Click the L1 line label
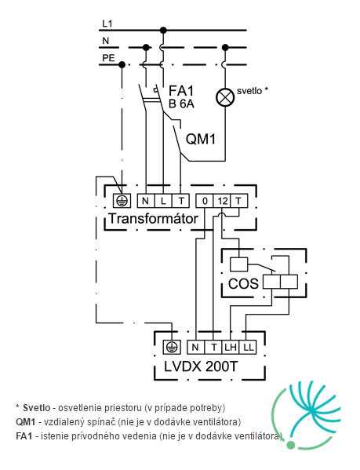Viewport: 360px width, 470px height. [107, 24]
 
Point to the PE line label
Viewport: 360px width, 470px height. [108, 57]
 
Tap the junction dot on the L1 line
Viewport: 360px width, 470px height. [163, 30]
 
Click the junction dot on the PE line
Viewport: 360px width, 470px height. [122, 64]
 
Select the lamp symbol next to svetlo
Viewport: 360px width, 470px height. [225, 97]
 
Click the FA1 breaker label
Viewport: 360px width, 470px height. [181, 90]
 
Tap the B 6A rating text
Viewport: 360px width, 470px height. [181, 104]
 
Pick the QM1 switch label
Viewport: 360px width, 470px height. [200, 139]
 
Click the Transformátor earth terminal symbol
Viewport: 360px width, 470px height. [122, 201]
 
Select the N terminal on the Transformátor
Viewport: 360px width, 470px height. [146, 201]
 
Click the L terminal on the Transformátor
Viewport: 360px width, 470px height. [163, 201]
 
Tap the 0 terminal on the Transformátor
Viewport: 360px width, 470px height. [205, 201]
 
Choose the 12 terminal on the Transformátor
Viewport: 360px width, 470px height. [222, 201]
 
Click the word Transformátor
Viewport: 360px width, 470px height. [154, 218]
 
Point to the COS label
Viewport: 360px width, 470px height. [243, 283]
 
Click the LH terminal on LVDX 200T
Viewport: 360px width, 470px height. [231, 347]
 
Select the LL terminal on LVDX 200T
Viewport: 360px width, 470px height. [248, 347]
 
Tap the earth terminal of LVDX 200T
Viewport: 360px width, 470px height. [172, 347]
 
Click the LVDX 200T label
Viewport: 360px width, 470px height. [201, 366]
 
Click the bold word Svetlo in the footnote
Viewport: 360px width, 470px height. [37, 408]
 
